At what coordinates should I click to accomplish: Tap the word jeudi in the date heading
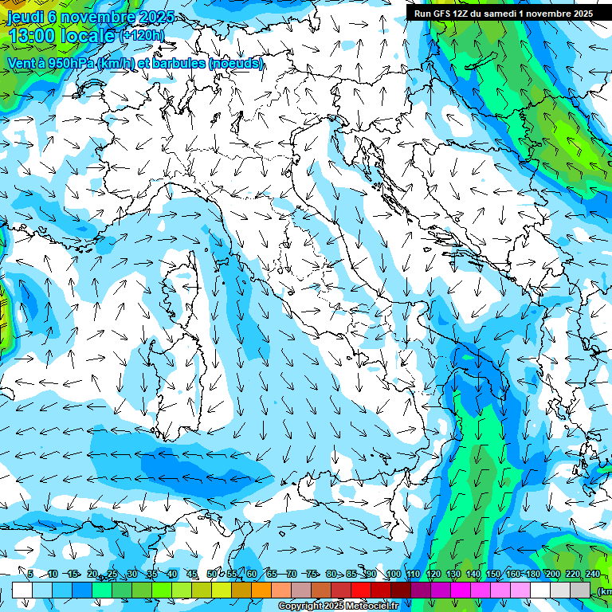coord(26,17)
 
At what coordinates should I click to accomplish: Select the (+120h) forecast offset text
coord(142,35)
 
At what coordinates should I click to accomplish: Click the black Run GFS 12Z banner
coord(503,14)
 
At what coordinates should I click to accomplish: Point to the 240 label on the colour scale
coord(592,574)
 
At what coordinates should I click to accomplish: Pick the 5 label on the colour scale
coord(30,574)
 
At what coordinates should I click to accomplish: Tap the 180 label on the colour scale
coord(532,574)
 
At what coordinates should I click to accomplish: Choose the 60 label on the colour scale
coord(252,574)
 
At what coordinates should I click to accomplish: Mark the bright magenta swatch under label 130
coord(461,590)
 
